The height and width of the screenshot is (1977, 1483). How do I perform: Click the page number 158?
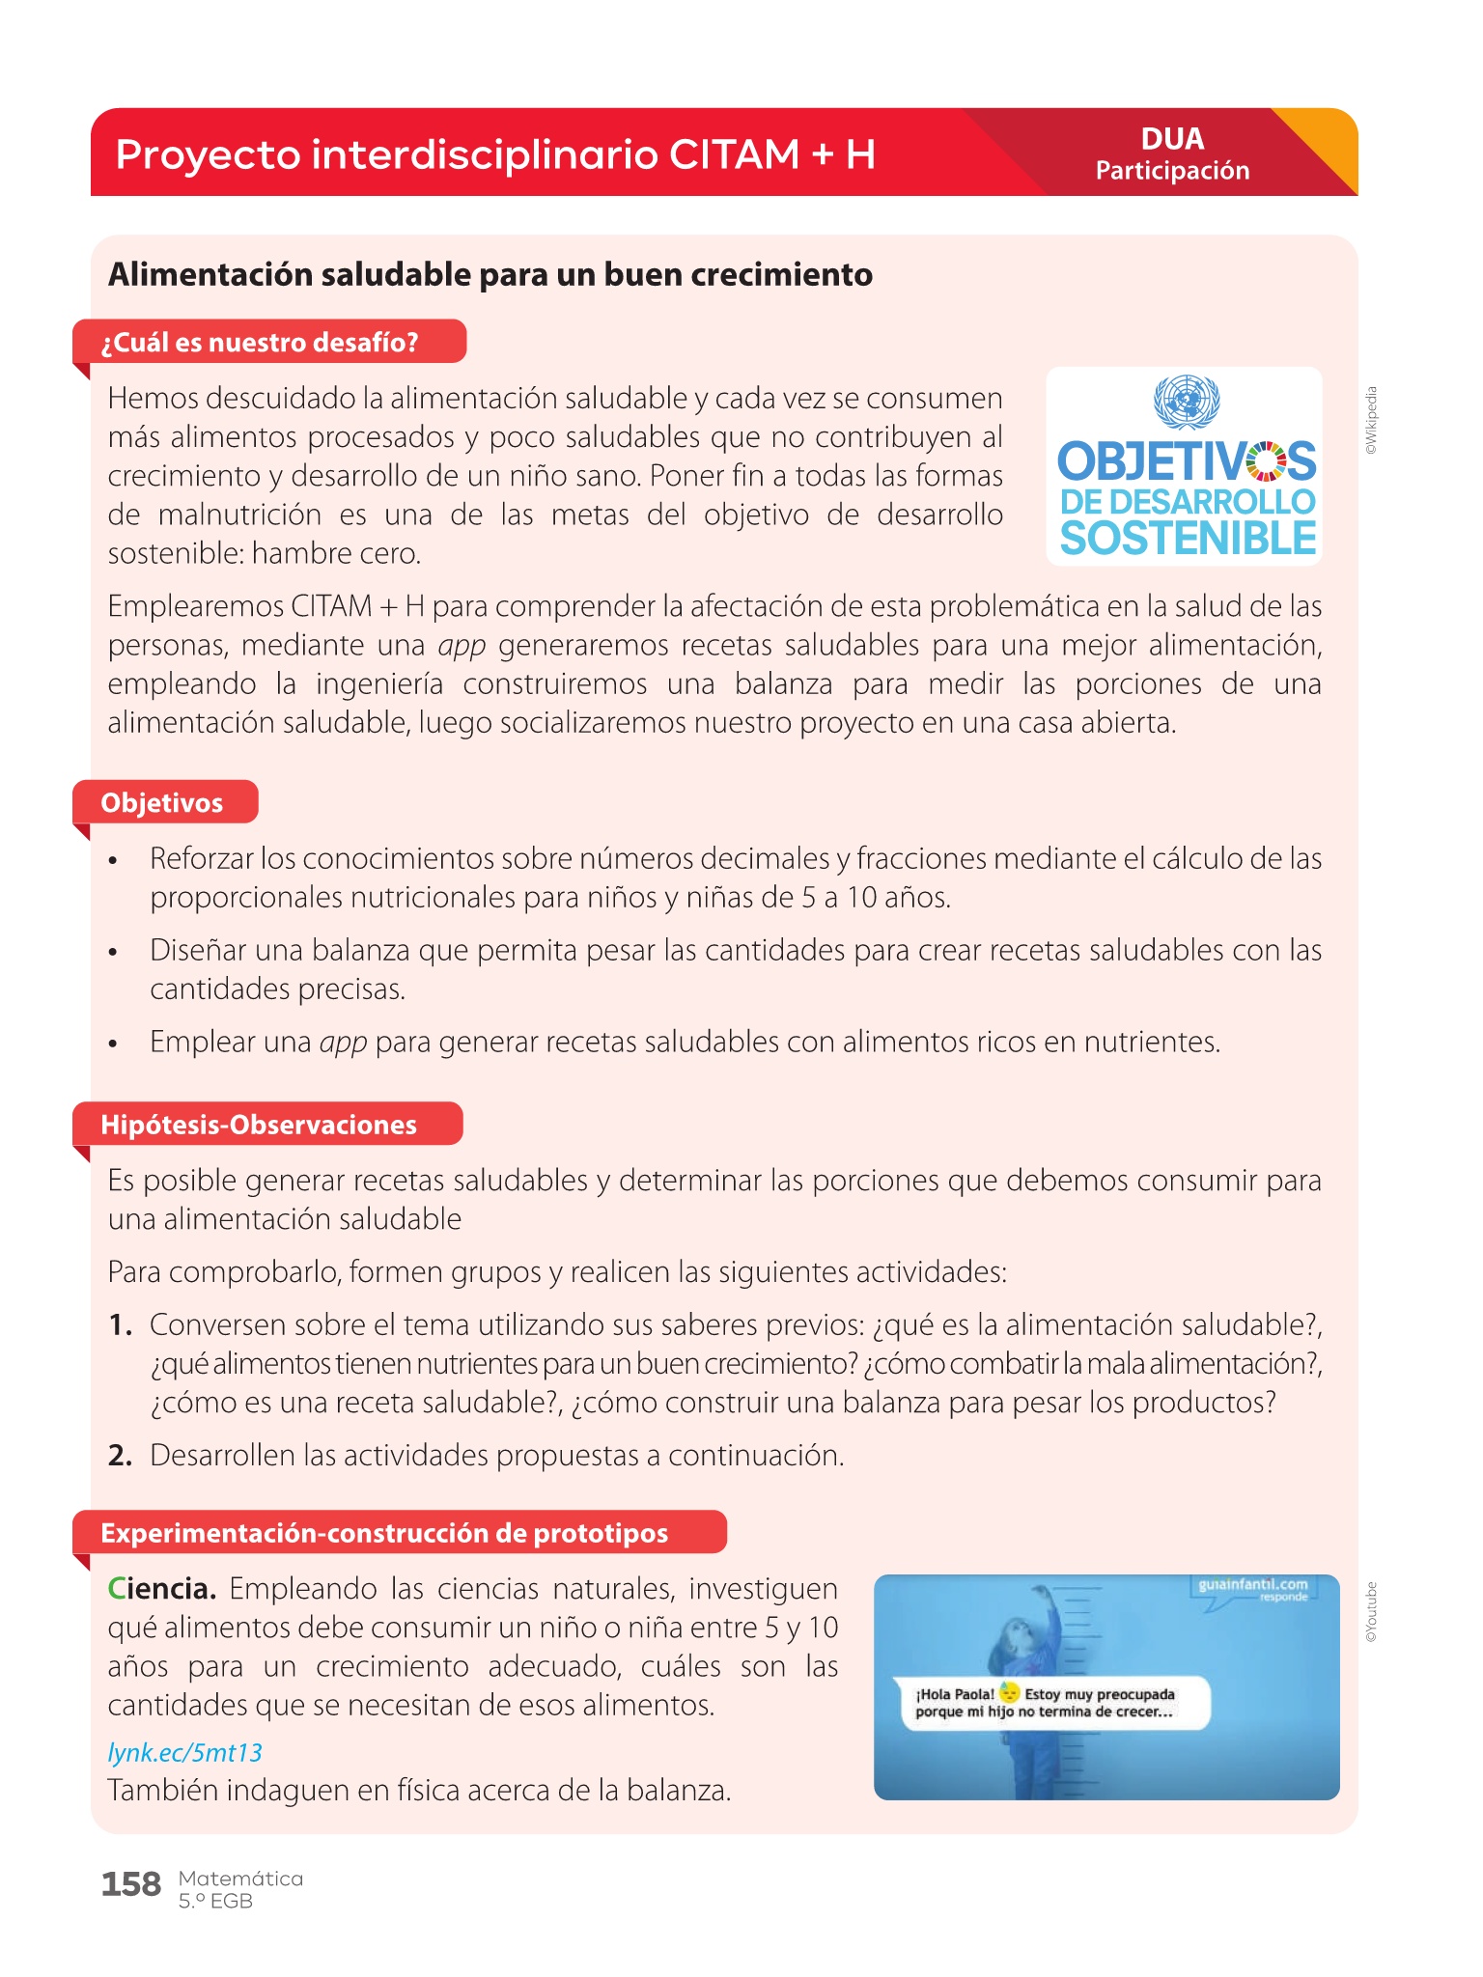pyautogui.click(x=131, y=1883)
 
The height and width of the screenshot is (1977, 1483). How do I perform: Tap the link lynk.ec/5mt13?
pyautogui.click(x=184, y=1752)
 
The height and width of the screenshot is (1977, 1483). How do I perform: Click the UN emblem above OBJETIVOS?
pyautogui.click(x=1187, y=403)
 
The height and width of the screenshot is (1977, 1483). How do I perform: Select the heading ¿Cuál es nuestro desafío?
pyautogui.click(x=259, y=343)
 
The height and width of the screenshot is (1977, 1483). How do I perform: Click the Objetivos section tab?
pyautogui.click(x=162, y=803)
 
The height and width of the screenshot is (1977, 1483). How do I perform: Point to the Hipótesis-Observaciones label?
pyautogui.click(x=259, y=1125)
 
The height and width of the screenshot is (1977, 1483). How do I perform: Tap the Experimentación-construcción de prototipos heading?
pyautogui.click(x=384, y=1533)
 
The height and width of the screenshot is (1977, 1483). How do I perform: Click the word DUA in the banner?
pyautogui.click(x=1172, y=139)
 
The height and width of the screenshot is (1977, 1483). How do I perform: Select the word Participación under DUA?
pyautogui.click(x=1172, y=171)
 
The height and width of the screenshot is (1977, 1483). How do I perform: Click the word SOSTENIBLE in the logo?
pyautogui.click(x=1188, y=539)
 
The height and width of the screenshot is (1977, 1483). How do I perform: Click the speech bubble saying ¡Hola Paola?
pyautogui.click(x=1052, y=1703)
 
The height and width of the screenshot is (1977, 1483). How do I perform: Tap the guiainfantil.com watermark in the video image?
pyautogui.click(x=1252, y=1585)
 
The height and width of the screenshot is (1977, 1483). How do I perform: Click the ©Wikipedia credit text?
pyautogui.click(x=1372, y=421)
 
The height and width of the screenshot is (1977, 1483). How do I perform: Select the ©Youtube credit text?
pyautogui.click(x=1372, y=1612)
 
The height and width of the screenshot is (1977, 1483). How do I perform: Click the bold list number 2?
pyautogui.click(x=120, y=1456)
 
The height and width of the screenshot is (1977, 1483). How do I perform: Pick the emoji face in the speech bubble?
pyautogui.click(x=1009, y=1692)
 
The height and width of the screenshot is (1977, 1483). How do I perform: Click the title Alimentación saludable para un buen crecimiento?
pyautogui.click(x=490, y=275)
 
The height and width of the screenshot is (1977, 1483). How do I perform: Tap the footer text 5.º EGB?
pyautogui.click(x=215, y=1902)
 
